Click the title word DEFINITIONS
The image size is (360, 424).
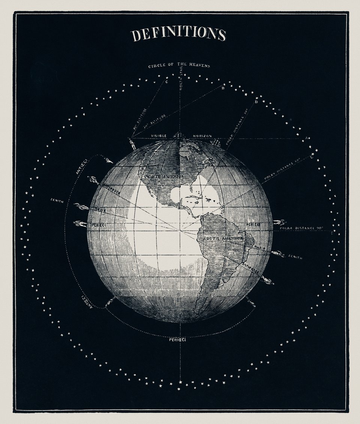pos(178,34)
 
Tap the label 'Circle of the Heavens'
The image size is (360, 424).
pos(179,66)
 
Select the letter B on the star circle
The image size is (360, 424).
pos(223,89)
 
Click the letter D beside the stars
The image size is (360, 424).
pos(256,102)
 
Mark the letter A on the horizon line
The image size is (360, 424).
pos(306,138)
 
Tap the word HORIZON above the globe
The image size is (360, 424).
pos(202,136)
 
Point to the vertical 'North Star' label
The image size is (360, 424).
pos(180,81)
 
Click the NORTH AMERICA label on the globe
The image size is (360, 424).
pos(165,176)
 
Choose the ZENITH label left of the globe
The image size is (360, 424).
pos(57,201)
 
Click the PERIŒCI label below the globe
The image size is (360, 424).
pos(177,340)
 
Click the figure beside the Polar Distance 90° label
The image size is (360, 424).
pos(279,222)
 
